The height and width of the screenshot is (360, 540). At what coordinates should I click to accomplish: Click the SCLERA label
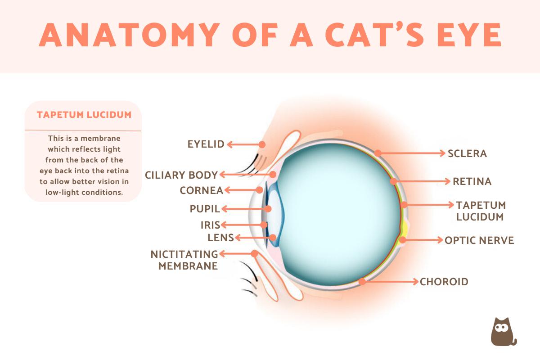point(467,153)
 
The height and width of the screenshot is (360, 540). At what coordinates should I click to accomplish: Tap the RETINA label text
point(472,182)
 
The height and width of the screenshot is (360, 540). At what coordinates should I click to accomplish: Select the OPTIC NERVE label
point(479,240)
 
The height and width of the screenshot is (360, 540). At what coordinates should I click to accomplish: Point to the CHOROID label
point(444,282)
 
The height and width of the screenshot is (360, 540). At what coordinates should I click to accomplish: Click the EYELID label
point(206,144)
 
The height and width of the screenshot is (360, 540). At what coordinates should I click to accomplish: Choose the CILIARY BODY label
point(181,175)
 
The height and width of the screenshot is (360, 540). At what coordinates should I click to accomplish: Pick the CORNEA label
point(201,190)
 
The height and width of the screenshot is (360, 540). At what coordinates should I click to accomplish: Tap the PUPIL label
point(205,209)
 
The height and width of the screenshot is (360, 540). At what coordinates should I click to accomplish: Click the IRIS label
point(210,225)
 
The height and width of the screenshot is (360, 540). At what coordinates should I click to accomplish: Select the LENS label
point(220,238)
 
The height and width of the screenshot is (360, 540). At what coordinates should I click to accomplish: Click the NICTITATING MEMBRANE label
point(184,260)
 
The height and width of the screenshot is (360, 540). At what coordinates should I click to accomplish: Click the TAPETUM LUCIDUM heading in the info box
point(84,115)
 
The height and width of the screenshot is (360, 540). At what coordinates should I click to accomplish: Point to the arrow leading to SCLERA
point(412,153)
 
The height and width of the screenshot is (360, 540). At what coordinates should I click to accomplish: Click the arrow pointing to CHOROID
point(391,282)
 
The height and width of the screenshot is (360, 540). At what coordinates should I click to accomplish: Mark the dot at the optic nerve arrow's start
point(403,240)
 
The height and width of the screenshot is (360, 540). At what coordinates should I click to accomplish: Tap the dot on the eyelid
point(262,144)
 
